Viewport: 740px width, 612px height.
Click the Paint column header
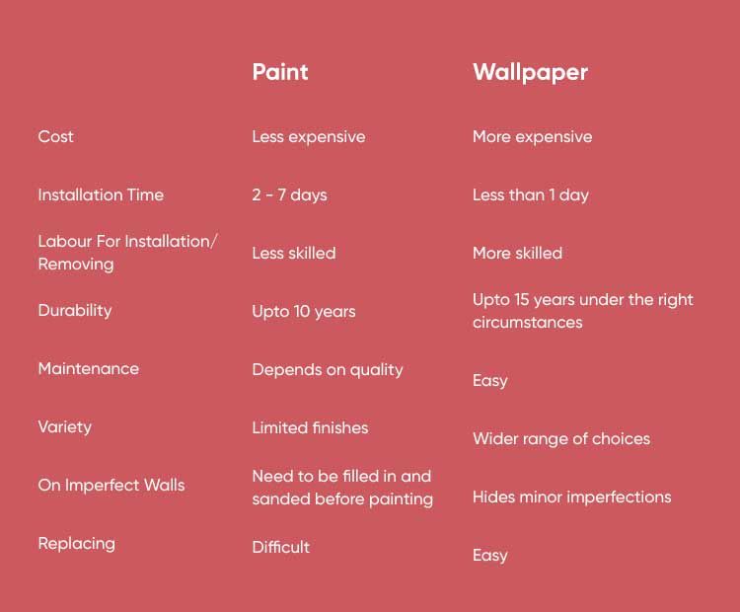pyautogui.click(x=280, y=72)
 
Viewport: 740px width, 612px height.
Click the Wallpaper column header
pyautogui.click(x=530, y=73)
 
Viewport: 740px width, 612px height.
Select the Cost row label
pyautogui.click(x=55, y=136)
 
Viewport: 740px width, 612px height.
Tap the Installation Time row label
pyautogui.click(x=101, y=194)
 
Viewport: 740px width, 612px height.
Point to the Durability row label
pyautogui.click(x=75, y=311)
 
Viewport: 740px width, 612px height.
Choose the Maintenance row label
pyautogui.click(x=89, y=368)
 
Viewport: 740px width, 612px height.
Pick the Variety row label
pyautogui.click(x=65, y=427)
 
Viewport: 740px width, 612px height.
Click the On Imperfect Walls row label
pyautogui.click(x=111, y=485)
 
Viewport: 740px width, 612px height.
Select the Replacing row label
pyautogui.click(x=76, y=544)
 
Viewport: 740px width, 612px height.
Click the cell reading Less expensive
pyautogui.click(x=309, y=137)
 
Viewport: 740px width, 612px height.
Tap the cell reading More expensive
pyautogui.click(x=533, y=137)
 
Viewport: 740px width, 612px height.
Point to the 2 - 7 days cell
pyautogui.click(x=289, y=195)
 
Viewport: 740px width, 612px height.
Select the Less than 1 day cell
pyautogui.click(x=531, y=195)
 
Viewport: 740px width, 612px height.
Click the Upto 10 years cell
pyautogui.click(x=304, y=312)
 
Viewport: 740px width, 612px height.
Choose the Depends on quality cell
pyautogui.click(x=328, y=370)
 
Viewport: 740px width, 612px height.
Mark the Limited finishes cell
pyautogui.click(x=310, y=427)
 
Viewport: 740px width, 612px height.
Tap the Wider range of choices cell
pyautogui.click(x=561, y=439)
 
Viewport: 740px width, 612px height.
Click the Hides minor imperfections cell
pyautogui.click(x=572, y=497)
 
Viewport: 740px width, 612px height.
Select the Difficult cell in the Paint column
pyautogui.click(x=281, y=547)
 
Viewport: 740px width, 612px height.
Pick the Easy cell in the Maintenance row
pyautogui.click(x=489, y=381)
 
